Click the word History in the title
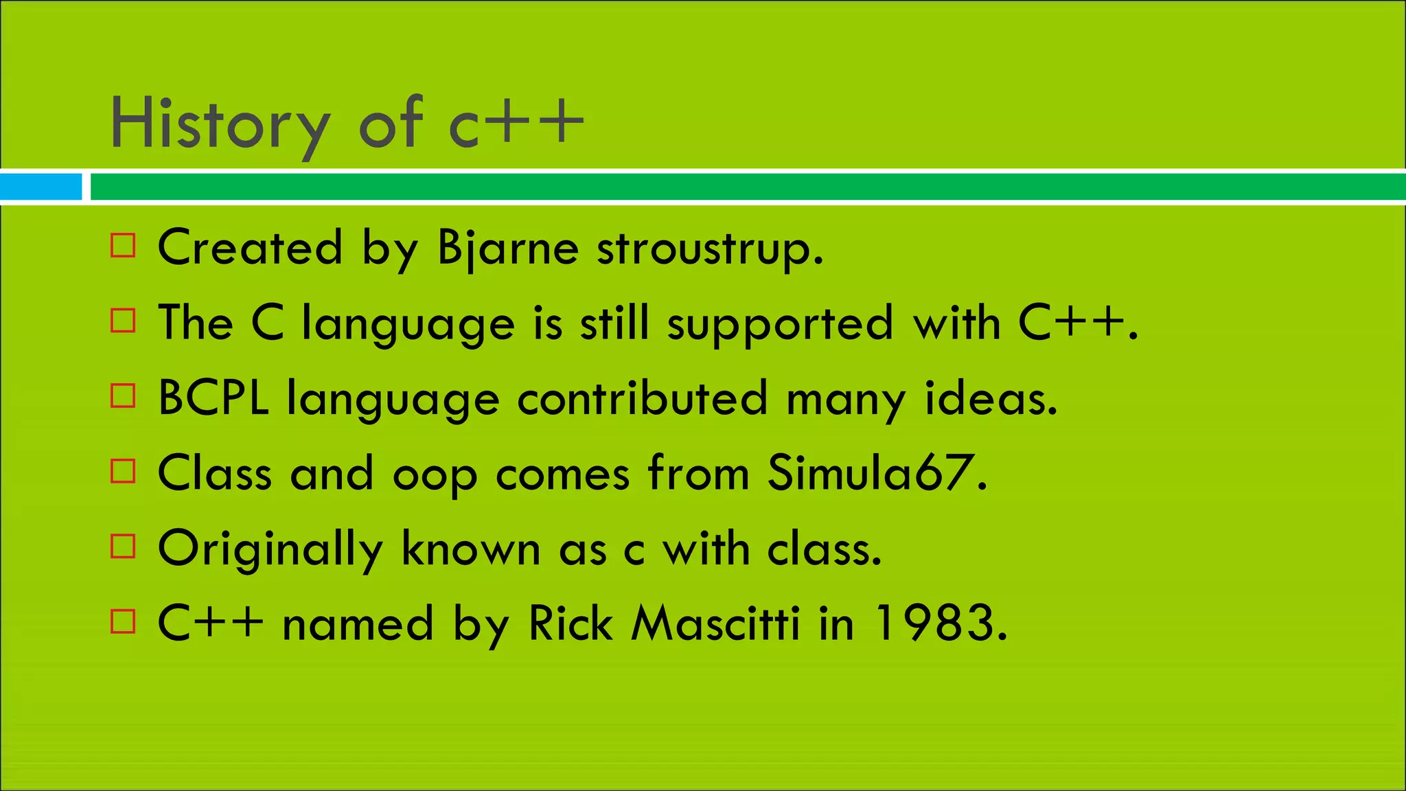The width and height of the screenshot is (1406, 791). tap(220, 124)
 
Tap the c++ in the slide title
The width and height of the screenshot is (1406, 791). tap(516, 124)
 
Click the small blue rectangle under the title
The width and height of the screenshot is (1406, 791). tap(41, 187)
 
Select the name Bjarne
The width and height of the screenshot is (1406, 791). tap(508, 247)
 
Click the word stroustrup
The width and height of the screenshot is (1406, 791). tap(709, 249)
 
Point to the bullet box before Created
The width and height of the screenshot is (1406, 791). tap(123, 245)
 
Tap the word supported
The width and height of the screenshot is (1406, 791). tap(781, 323)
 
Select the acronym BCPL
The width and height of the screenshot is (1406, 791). tap(213, 398)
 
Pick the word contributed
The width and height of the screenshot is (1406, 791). tap(642, 398)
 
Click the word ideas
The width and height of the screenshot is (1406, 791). tap(991, 398)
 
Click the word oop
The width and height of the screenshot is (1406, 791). tap(435, 475)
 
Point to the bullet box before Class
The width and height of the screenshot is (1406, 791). tap(123, 471)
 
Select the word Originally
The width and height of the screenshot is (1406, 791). tap(270, 549)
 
